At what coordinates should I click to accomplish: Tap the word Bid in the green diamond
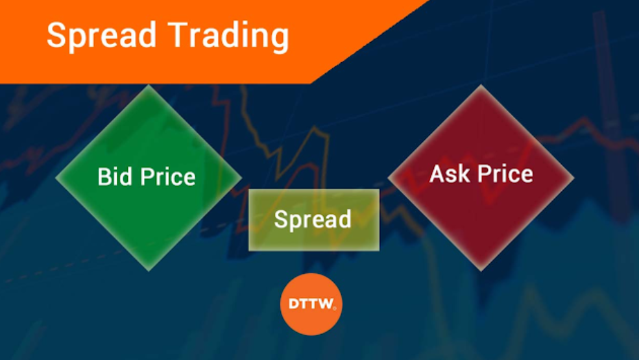click(x=111, y=176)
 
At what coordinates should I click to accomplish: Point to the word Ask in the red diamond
click(x=448, y=173)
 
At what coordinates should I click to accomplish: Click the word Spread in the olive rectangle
click(x=313, y=219)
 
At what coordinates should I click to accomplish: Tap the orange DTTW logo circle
click(x=311, y=304)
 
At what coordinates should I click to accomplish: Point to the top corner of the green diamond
click(x=149, y=86)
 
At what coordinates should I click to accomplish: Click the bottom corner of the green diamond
click(x=149, y=270)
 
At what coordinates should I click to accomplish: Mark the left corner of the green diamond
click(x=56, y=177)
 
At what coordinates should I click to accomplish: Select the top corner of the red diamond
click(x=481, y=86)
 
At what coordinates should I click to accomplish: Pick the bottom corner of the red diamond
click(x=481, y=269)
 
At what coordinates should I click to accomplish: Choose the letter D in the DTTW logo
click(x=293, y=304)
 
